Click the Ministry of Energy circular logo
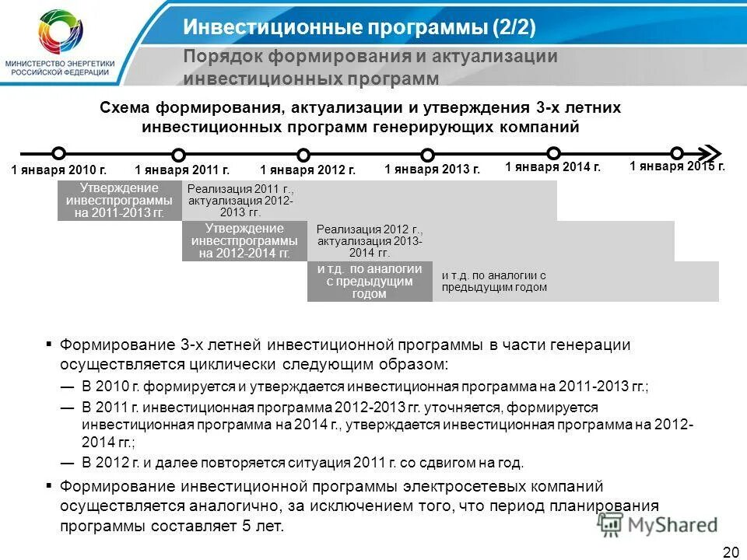(62, 33)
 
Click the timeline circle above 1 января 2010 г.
(58, 153)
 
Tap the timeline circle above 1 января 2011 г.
(179, 155)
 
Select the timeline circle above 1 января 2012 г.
(303, 155)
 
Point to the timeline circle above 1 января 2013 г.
(427, 155)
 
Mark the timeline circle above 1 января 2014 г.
(553, 153)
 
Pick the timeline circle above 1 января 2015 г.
(677, 153)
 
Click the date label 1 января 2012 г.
(307, 170)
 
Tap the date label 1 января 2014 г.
(552, 166)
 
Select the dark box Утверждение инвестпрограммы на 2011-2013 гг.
(119, 200)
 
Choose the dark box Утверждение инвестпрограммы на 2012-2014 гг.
(244, 240)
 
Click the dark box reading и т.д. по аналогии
(370, 281)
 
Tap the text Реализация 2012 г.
(370, 229)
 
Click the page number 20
(730, 551)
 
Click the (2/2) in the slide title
(512, 28)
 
